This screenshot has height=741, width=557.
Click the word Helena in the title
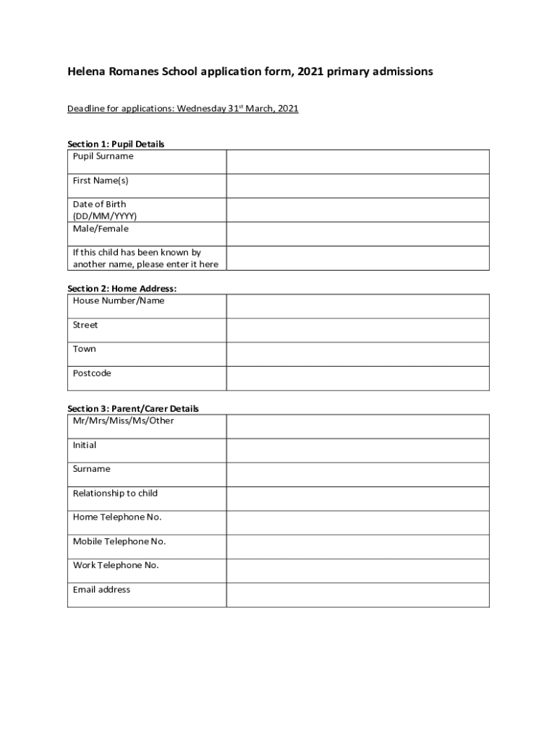[x=86, y=72]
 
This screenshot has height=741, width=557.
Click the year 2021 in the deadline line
[x=286, y=109]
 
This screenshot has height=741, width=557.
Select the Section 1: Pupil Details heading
[x=116, y=144]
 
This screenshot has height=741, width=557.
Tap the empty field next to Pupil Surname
[x=357, y=161]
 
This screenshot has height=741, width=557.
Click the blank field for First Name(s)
[x=357, y=186]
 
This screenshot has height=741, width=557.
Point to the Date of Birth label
[x=99, y=204]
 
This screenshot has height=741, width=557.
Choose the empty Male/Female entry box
[x=357, y=234]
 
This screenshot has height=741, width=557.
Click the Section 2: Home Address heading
[x=122, y=288]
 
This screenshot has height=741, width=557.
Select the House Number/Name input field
[x=357, y=306]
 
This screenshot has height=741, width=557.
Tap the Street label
[x=85, y=325]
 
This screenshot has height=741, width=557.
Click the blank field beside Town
[x=357, y=354]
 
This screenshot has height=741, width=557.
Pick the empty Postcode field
[x=357, y=378]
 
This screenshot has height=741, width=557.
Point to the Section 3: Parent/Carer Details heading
[x=133, y=408]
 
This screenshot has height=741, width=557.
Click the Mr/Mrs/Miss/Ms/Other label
[x=123, y=420]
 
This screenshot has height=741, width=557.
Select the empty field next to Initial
[x=357, y=450]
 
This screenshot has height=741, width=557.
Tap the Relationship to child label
[x=115, y=493]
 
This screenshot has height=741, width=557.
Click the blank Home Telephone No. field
[x=357, y=522]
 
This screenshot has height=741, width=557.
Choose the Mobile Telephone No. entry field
[x=357, y=546]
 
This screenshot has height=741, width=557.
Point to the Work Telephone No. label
[x=116, y=565]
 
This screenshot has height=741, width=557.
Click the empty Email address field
[x=357, y=595]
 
